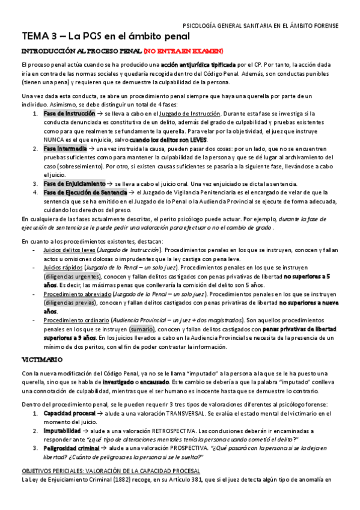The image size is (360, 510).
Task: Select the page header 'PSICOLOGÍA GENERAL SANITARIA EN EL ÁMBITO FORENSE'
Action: (260, 25)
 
